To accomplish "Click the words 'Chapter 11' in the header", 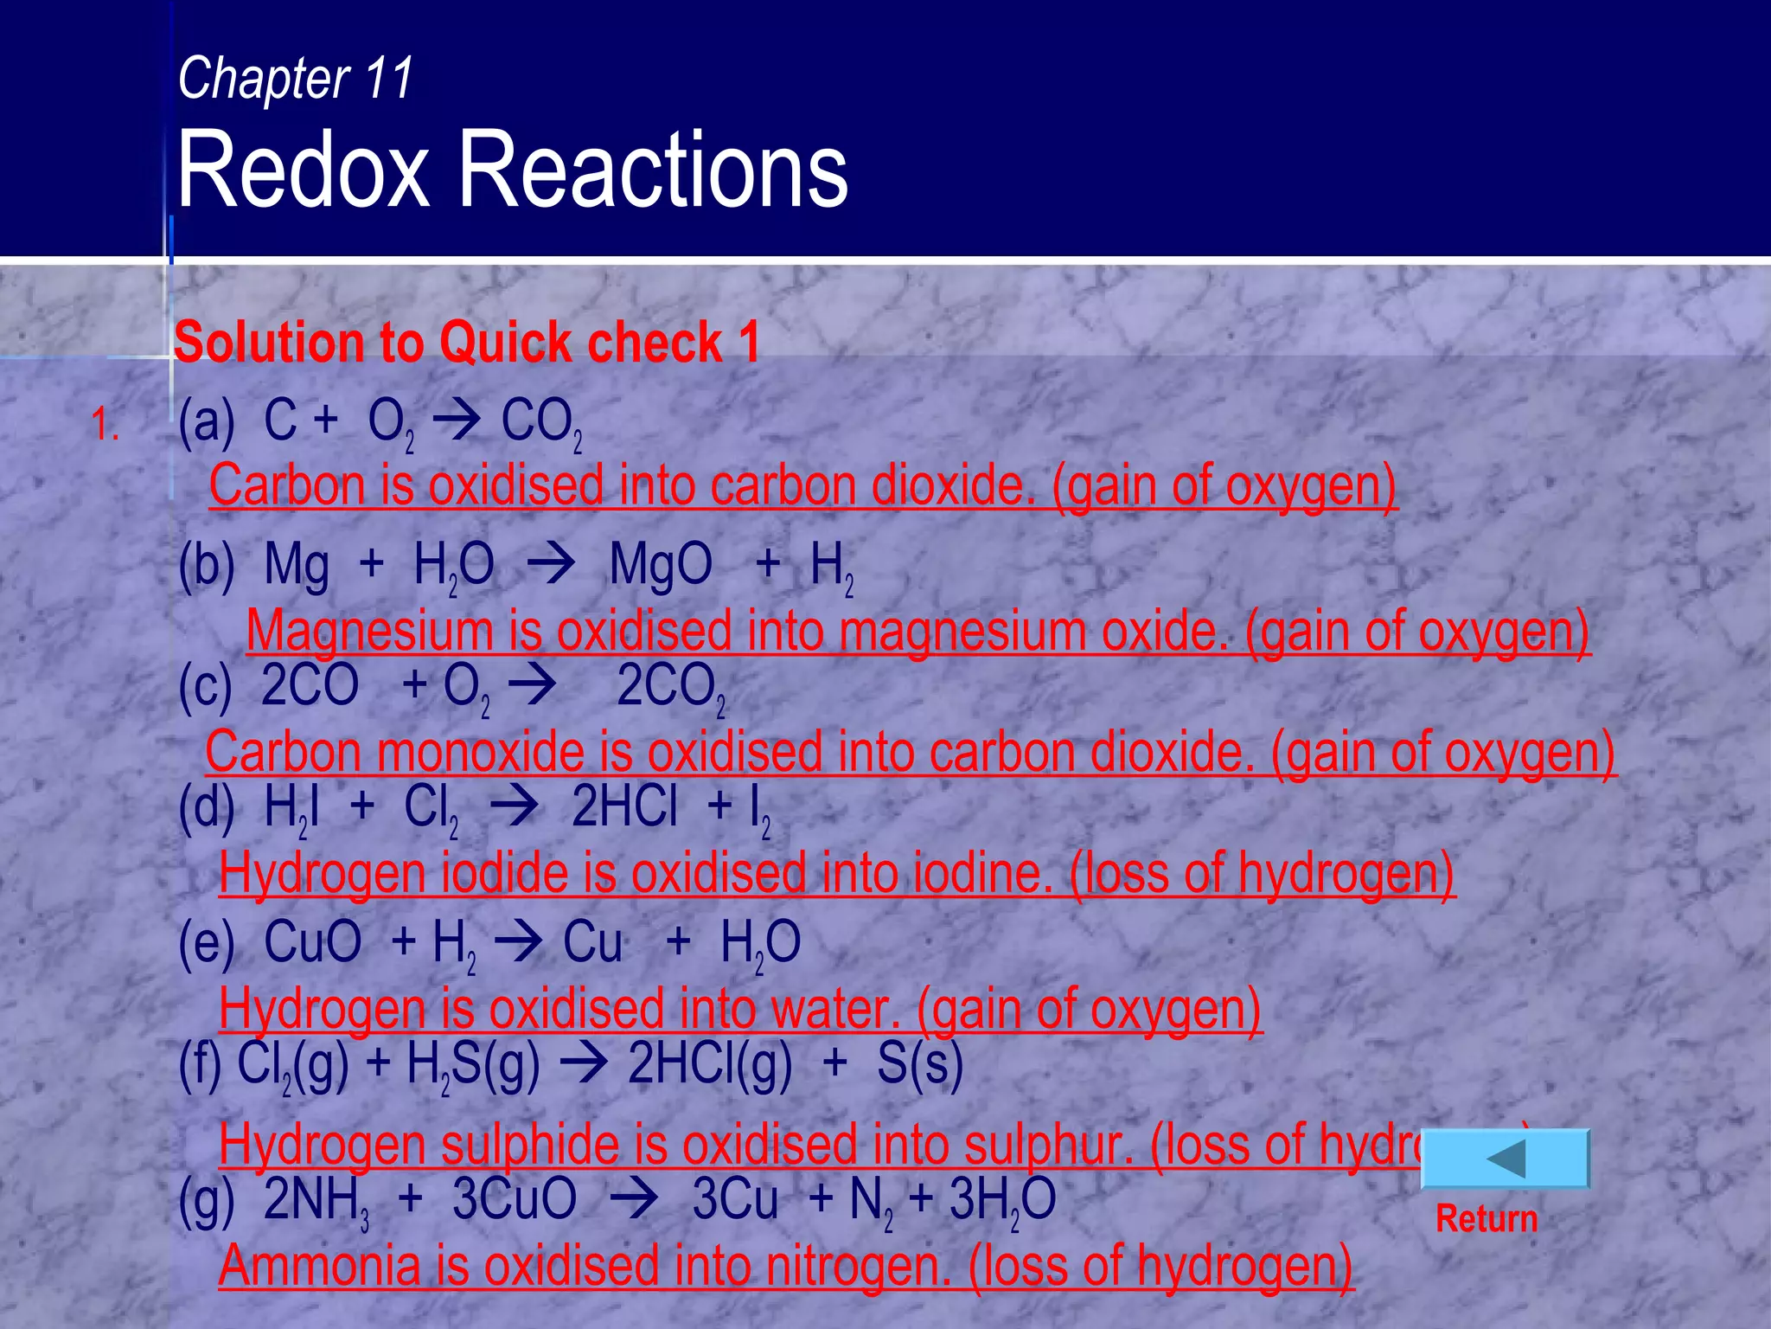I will click(296, 79).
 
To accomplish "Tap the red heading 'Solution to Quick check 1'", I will click(467, 342).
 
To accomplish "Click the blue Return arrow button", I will click(1506, 1159).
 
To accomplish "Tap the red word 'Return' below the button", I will click(1486, 1218).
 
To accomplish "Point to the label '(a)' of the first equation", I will click(207, 422).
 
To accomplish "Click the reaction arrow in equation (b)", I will click(551, 565).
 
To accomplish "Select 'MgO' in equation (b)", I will click(661, 565).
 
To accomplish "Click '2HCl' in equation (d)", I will click(624, 806).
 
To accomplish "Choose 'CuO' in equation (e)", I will click(312, 941).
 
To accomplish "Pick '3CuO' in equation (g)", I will click(514, 1199).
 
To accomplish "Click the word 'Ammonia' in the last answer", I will click(318, 1265).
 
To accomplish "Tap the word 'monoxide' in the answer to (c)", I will click(480, 752).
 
